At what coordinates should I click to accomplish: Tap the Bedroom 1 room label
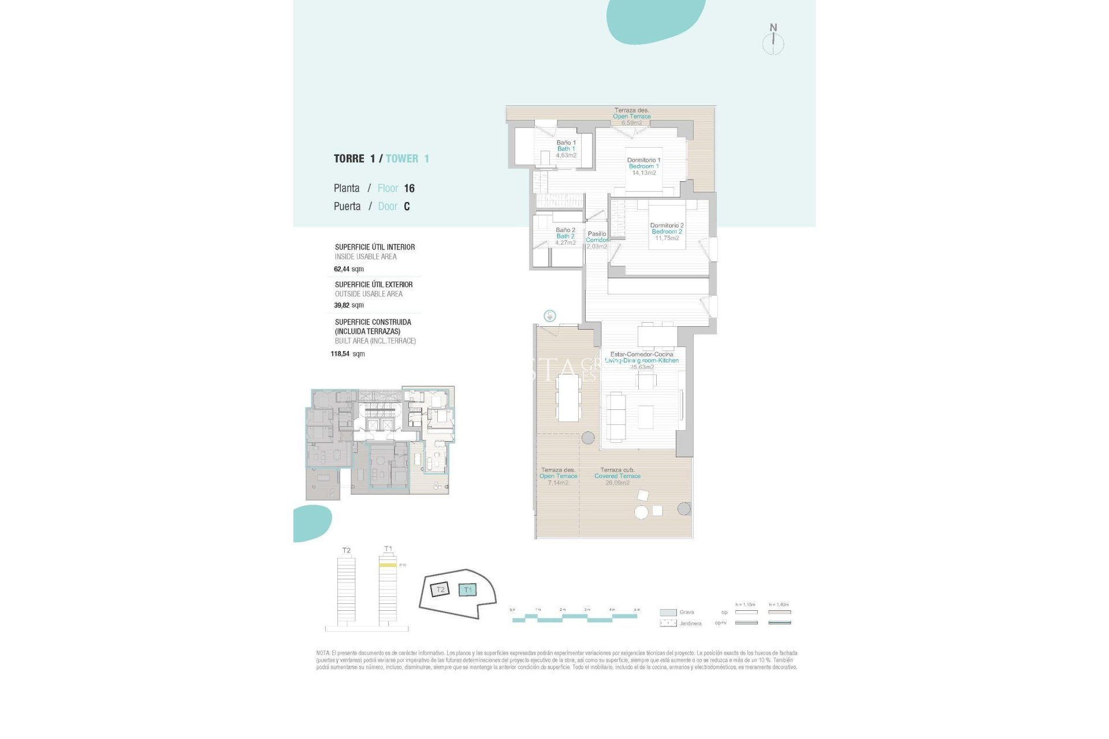tap(643, 166)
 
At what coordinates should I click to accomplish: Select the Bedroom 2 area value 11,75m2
tap(667, 238)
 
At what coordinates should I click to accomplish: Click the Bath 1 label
tap(566, 149)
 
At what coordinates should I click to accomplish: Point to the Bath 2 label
tap(565, 236)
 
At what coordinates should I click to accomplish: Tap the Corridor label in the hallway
tap(597, 240)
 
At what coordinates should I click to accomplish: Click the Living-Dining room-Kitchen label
tap(642, 360)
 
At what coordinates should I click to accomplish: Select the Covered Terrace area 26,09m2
tap(617, 483)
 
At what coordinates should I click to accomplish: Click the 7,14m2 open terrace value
tap(558, 483)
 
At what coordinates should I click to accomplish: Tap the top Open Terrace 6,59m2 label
tap(631, 117)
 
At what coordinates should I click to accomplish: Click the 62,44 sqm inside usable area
tap(348, 269)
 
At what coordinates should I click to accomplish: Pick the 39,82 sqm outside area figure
tap(348, 305)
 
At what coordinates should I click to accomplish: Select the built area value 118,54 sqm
tap(347, 354)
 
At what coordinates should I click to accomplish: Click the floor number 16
tap(409, 188)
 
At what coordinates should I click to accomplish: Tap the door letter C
tap(407, 207)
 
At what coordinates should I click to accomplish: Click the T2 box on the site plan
tap(440, 589)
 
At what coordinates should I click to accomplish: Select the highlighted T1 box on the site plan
tap(467, 589)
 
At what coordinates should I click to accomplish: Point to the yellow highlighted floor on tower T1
tap(387, 565)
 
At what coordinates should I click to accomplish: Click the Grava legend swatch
tap(668, 613)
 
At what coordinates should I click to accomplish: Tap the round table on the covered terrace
tap(641, 512)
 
